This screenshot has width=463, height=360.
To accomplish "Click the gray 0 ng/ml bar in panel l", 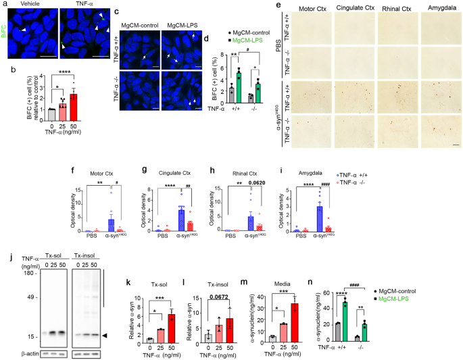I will tap(210, 336).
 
